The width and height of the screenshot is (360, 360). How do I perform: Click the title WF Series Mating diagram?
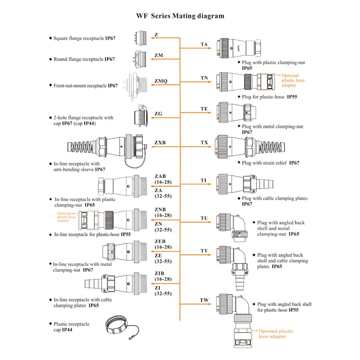click(180, 16)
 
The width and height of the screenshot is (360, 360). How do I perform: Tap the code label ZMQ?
click(161, 81)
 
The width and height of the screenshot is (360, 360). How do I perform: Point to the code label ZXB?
click(160, 143)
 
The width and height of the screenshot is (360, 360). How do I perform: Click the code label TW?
click(204, 300)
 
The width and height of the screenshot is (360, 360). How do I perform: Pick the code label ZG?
click(157, 113)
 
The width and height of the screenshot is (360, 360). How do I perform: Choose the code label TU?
click(204, 218)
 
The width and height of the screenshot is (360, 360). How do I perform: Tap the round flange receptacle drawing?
click(140, 58)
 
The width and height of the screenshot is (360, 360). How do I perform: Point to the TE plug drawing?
click(235, 112)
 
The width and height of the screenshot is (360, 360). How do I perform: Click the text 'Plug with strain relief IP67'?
click(270, 163)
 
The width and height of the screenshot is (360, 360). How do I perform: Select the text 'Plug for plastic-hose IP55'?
click(270, 97)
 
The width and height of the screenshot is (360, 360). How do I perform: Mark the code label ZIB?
click(160, 273)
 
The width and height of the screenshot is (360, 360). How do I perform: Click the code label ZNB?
click(160, 209)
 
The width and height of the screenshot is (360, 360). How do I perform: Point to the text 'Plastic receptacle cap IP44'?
click(71, 327)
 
